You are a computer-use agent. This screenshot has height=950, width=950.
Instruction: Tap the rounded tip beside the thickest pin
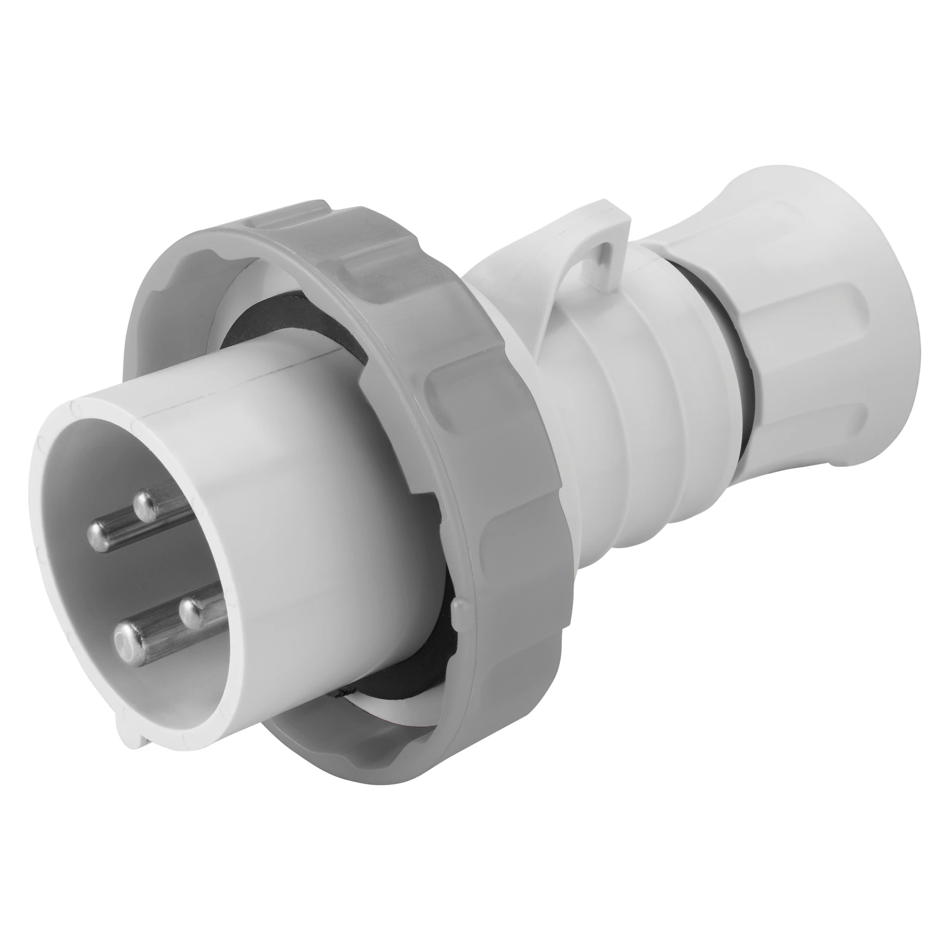click(x=191, y=612)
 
